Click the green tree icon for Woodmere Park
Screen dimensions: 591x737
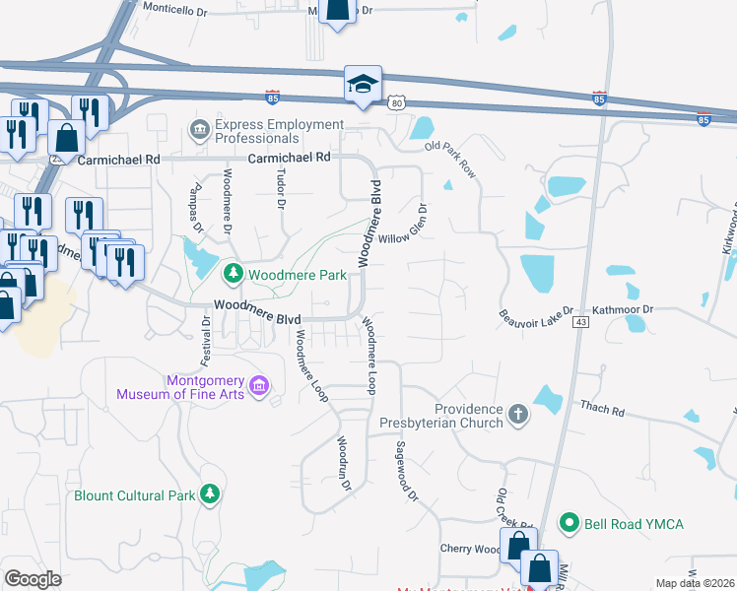tap(234, 273)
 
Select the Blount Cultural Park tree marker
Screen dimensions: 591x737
tap(209, 493)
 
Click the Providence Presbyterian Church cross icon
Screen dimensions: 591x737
tap(519, 416)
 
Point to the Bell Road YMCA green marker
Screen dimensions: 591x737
tap(569, 522)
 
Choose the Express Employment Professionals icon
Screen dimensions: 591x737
tap(199, 130)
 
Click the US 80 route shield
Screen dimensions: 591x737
tap(396, 101)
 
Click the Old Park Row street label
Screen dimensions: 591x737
tap(450, 160)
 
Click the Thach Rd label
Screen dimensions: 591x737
tap(603, 405)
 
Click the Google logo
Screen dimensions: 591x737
tap(33, 579)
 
